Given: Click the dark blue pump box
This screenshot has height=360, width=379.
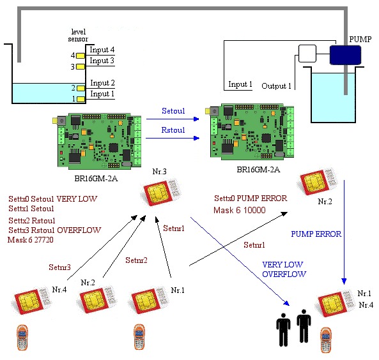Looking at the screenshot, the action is (x=345, y=55).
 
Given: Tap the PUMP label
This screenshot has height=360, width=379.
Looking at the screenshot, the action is (x=360, y=39).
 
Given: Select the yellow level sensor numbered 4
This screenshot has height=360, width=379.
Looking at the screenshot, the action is (x=81, y=56).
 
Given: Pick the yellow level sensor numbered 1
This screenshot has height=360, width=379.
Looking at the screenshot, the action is (x=81, y=99).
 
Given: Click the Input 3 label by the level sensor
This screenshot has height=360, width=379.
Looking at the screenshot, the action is (x=102, y=61).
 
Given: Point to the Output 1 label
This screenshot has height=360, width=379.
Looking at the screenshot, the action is (x=276, y=86).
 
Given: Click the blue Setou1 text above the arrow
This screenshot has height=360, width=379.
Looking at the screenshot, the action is (x=173, y=111).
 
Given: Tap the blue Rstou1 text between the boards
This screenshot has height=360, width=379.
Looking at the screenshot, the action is (x=173, y=130).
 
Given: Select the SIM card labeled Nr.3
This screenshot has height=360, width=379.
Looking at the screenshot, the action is (x=161, y=193).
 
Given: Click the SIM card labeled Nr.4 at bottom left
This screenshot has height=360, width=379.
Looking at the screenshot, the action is (x=32, y=301).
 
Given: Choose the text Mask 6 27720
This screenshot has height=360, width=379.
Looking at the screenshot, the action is (x=31, y=240).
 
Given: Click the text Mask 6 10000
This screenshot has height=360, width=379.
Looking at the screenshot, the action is (x=240, y=210).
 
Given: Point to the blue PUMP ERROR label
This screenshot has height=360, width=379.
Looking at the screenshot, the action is (x=316, y=234).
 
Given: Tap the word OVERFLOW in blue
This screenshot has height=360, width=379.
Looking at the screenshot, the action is (x=284, y=274).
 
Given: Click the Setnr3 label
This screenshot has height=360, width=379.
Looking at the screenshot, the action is (x=59, y=267).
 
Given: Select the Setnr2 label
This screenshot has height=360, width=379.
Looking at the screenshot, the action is (x=136, y=260).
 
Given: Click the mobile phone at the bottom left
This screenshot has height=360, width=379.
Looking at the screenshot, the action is (x=22, y=338).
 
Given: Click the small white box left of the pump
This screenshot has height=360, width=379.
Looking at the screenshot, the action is (x=307, y=54).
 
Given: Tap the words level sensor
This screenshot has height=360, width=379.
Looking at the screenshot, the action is (x=78, y=35).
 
